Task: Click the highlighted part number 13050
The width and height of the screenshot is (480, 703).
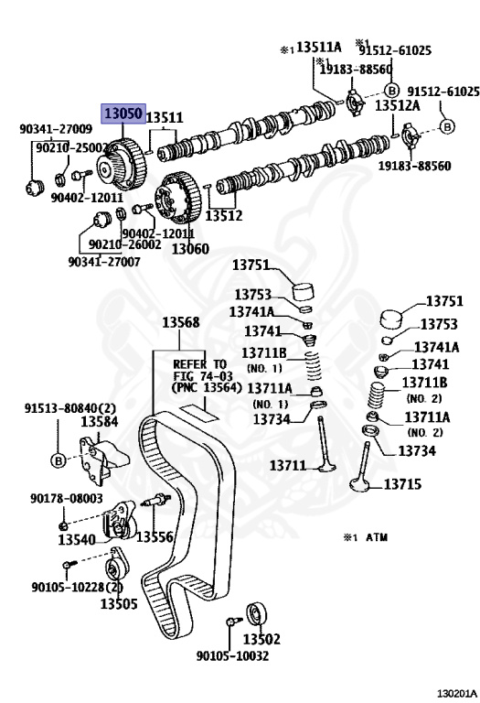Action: click(x=123, y=114)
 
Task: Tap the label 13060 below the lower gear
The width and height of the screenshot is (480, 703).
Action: click(x=190, y=248)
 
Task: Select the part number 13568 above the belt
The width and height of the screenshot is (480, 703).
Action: click(x=180, y=322)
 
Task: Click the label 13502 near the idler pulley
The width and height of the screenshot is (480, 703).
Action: click(x=261, y=638)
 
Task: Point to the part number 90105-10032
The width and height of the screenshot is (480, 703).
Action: click(x=233, y=656)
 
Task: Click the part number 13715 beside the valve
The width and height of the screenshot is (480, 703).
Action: click(x=402, y=483)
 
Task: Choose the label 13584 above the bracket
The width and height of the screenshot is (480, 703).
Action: click(x=100, y=421)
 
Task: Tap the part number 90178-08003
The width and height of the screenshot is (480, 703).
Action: click(x=67, y=498)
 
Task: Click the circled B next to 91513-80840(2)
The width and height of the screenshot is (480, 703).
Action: click(x=59, y=460)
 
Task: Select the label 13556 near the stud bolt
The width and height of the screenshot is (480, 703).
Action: click(x=155, y=536)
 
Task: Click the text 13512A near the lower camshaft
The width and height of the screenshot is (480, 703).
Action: click(x=397, y=105)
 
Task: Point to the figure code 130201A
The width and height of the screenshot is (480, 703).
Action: click(x=457, y=694)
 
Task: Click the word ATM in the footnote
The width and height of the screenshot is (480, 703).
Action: click(x=377, y=537)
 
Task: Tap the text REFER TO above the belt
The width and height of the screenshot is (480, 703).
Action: click(x=199, y=364)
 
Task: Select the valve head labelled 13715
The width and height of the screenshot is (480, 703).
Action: click(x=359, y=484)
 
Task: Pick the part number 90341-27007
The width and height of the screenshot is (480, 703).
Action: click(x=104, y=262)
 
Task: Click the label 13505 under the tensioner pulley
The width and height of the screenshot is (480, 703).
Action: click(x=119, y=603)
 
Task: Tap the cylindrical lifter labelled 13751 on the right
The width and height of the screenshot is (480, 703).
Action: click(x=391, y=319)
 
